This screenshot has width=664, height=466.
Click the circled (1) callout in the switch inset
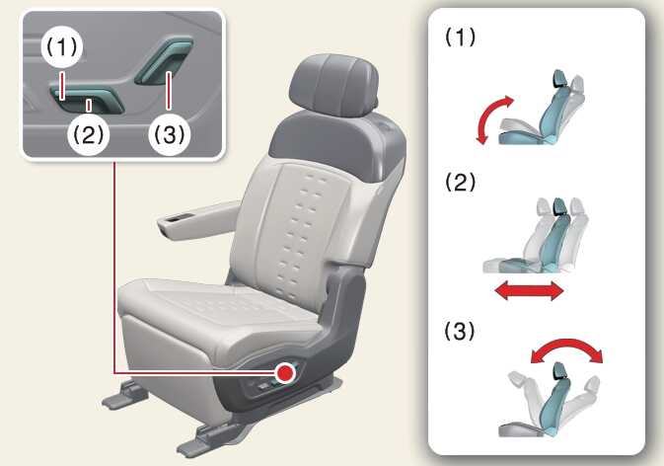tap(62, 47)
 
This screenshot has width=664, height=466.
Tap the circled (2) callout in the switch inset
tap(89, 135)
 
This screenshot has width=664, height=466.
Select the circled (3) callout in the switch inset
tap(169, 135)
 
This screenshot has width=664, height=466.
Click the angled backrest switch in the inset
tap(165, 60)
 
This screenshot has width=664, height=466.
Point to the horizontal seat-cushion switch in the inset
tap(87, 99)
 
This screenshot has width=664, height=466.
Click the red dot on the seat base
tap(285, 373)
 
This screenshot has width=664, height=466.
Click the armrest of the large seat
tap(198, 219)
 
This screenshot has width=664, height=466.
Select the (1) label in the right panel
tap(460, 38)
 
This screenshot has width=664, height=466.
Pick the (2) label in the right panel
tap(460, 183)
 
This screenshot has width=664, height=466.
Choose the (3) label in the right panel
tap(460, 331)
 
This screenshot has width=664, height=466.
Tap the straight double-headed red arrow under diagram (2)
tap(530, 292)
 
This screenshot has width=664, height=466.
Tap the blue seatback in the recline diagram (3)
tap(555, 398)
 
